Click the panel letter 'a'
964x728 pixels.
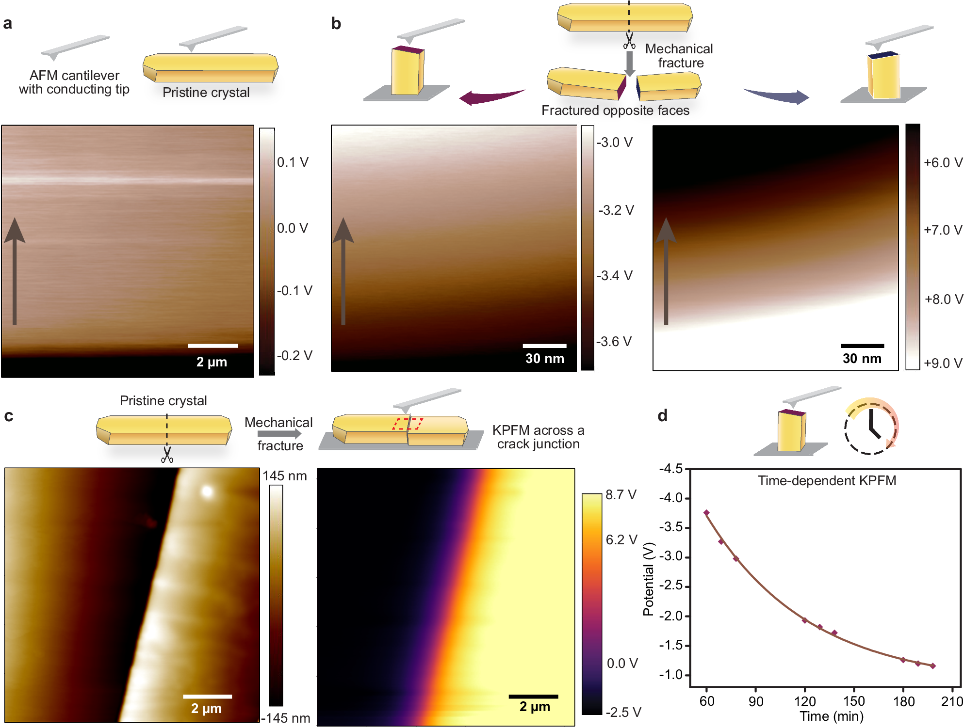coord(7,23)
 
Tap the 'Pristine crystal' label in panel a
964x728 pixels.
coord(206,92)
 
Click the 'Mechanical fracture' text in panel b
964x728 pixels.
coord(679,56)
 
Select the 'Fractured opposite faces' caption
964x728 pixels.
coord(615,111)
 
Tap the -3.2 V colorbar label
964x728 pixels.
coord(616,210)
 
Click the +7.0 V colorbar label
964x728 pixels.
coord(943,230)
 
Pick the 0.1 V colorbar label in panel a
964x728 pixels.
coord(293,162)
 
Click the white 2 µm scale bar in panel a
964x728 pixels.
coord(212,346)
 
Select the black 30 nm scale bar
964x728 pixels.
coord(862,346)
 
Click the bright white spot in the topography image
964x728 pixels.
coord(207,492)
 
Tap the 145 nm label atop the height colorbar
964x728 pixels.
coord(284,476)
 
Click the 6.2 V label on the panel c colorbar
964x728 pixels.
coord(621,539)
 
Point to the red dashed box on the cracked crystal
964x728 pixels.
coord(408,424)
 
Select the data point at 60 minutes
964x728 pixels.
coord(706,513)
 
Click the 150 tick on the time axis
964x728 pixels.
coord(853,701)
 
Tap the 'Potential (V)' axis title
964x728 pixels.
coord(648,579)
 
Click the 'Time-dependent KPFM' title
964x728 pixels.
coord(827,480)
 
